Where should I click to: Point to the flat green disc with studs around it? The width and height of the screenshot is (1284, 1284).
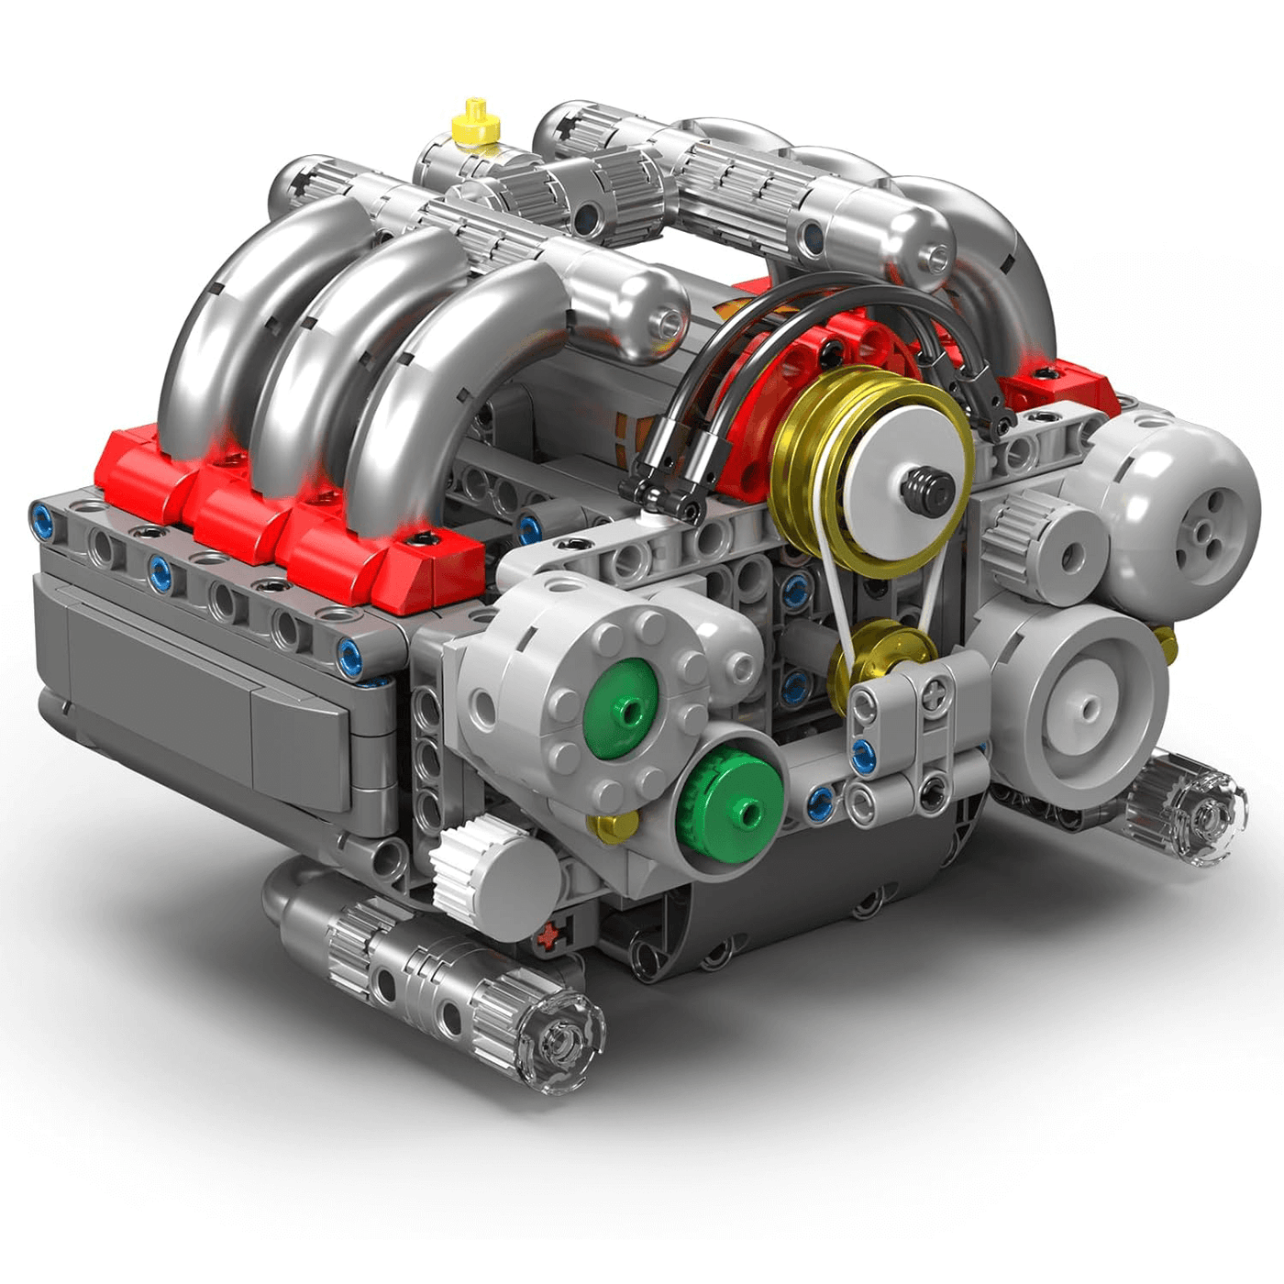(x=622, y=709)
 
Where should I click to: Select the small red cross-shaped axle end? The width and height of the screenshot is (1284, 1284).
(x=548, y=938)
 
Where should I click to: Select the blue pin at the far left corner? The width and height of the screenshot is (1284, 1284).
(x=42, y=514)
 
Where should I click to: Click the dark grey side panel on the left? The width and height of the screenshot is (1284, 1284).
(x=183, y=679)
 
